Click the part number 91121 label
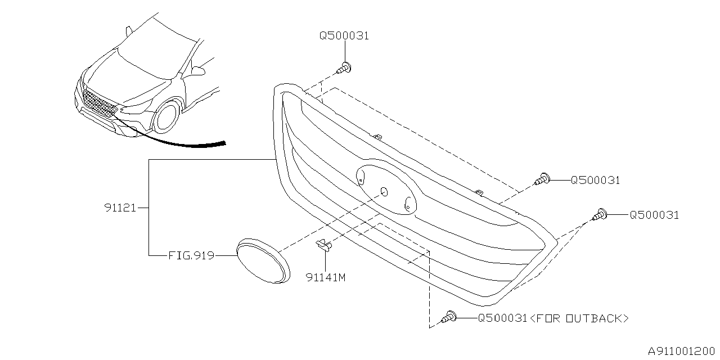tap(120, 208)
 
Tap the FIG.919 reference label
tap(191, 255)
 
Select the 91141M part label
tap(325, 277)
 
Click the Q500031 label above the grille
tap(344, 35)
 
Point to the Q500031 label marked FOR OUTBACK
tap(502, 318)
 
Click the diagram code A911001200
tap(681, 352)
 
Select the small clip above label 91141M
tap(323, 244)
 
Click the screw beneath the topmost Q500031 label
tap(344, 69)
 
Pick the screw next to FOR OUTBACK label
tap(450, 317)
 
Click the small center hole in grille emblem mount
tap(384, 192)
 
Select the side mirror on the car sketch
tap(198, 70)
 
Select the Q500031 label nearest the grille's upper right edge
tap(595, 181)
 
